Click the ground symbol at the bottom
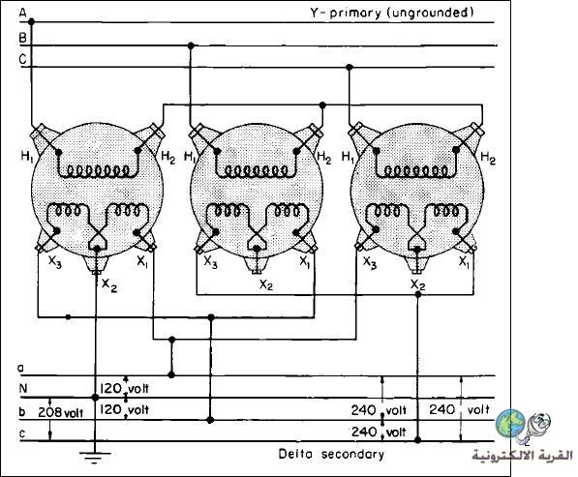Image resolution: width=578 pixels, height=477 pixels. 95,457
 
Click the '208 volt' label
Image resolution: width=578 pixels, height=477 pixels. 60,412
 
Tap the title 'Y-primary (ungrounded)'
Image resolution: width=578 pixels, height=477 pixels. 391,14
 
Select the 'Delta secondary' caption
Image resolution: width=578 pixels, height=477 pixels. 331,454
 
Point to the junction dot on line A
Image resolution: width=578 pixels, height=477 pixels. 31,21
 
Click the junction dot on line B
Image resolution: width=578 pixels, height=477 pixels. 191,45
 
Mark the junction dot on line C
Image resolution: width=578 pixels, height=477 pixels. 350,67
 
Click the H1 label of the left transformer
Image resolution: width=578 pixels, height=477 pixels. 27,157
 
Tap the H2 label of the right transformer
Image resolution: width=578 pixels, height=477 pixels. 488,158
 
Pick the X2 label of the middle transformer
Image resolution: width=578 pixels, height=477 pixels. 266,284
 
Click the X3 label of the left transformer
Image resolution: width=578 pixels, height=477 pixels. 55,262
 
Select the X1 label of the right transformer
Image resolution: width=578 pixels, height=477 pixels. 464,262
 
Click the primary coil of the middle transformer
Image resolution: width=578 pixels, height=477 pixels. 257,170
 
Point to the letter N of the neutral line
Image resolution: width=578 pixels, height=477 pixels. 23,388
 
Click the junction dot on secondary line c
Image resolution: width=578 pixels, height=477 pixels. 417,440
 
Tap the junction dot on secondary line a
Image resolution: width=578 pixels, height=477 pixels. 171,375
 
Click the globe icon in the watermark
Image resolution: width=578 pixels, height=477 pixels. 510,422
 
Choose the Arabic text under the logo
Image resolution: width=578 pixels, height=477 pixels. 523,456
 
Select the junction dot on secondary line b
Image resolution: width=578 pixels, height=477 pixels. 210,420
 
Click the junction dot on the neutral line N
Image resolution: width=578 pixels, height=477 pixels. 95,398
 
